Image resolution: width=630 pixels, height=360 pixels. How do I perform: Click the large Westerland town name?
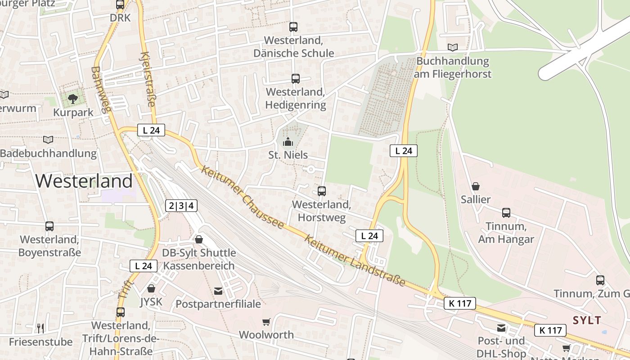(84, 181)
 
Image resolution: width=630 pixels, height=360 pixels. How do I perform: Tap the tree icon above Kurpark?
(72, 99)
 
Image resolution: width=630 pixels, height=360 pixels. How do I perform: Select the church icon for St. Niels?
(288, 142)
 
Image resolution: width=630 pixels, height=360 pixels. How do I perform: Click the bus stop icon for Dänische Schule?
(293, 27)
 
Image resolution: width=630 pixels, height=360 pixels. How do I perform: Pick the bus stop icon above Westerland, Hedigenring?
(295, 79)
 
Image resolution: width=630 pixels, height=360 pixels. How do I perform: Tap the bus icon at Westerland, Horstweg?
(321, 191)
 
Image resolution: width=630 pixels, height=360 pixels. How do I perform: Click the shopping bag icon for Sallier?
(476, 186)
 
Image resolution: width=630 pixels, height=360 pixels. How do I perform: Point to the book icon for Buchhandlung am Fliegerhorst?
(452, 47)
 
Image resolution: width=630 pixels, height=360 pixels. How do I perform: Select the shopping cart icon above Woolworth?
(266, 322)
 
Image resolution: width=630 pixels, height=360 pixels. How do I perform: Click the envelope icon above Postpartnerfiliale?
(218, 291)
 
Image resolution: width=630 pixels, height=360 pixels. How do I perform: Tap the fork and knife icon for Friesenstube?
(40, 328)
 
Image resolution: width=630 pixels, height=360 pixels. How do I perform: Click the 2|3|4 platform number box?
(181, 206)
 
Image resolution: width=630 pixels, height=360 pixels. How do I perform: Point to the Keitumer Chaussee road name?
(243, 197)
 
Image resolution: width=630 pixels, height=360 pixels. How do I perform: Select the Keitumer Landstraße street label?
(355, 261)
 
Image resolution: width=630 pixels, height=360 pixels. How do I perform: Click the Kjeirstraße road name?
(148, 80)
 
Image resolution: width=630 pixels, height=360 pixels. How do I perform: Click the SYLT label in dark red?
(587, 320)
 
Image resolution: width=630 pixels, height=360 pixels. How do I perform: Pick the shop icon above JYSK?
(151, 288)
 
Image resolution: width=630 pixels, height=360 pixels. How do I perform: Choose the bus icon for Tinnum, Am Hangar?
(506, 212)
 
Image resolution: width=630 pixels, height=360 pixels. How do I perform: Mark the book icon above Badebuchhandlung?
(48, 139)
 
